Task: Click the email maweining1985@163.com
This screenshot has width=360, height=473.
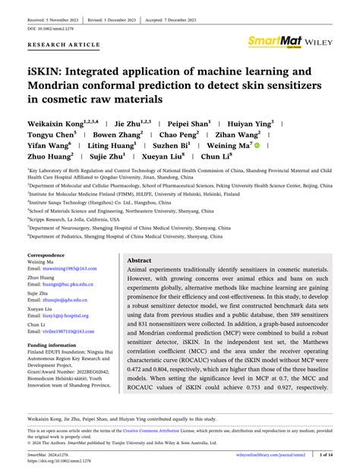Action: point(62,270)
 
